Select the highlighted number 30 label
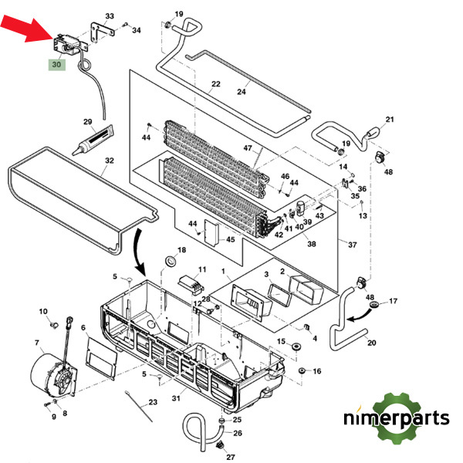pos(56,66)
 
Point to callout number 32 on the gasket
pos(109,161)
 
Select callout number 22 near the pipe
pos(216,83)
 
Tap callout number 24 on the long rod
pos(242,92)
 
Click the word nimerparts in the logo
pos(397,419)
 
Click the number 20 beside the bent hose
pos(371,343)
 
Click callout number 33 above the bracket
pos(109,15)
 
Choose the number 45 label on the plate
pos(229,240)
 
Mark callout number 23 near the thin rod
pos(152,403)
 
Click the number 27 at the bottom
pos(230,458)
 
